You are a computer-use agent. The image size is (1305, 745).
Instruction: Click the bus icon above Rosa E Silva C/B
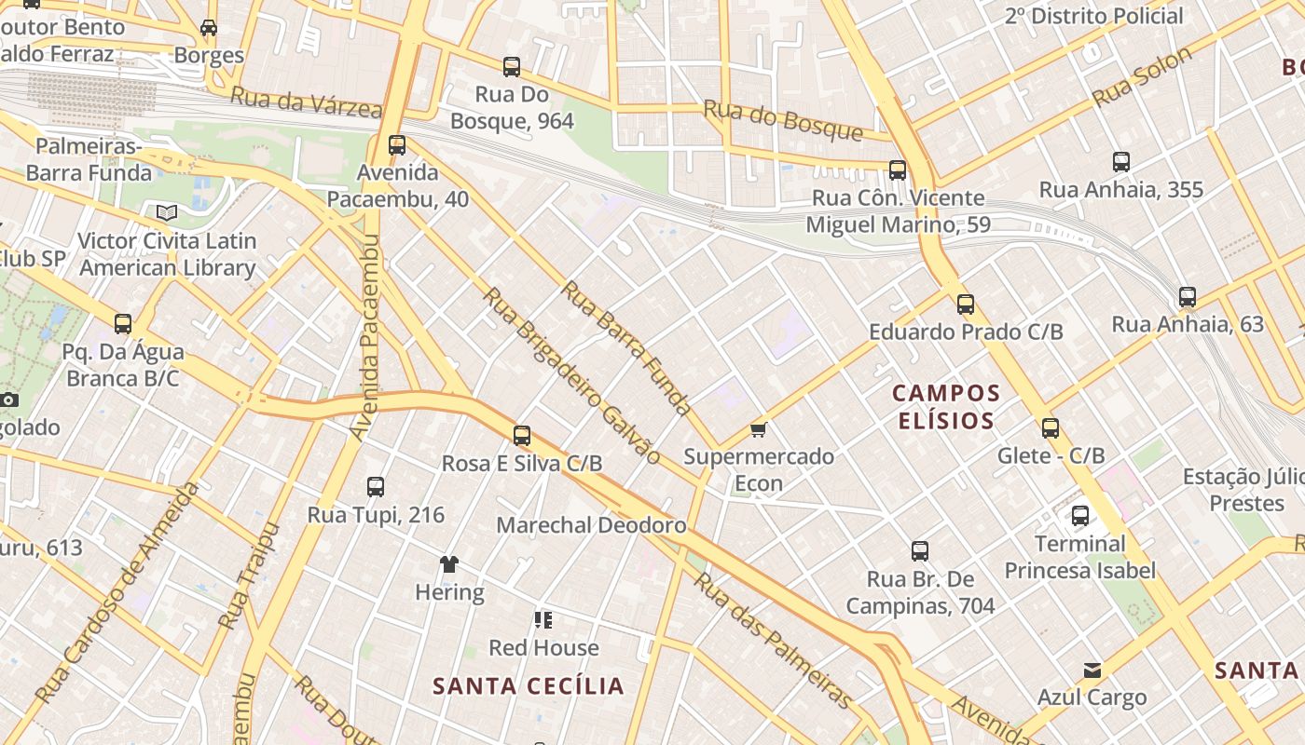(x=522, y=435)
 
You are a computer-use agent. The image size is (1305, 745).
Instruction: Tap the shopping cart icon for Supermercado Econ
(x=759, y=429)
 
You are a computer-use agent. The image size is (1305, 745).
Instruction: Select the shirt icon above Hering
(x=449, y=563)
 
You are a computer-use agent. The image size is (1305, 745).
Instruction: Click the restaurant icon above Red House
(x=543, y=619)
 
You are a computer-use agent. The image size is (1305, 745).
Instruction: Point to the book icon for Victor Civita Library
(x=167, y=213)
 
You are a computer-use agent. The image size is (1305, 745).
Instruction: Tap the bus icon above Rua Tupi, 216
(x=376, y=486)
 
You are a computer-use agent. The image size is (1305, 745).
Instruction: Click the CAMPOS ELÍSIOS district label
(x=946, y=407)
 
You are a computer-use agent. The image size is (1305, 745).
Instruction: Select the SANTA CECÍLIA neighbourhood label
(x=529, y=686)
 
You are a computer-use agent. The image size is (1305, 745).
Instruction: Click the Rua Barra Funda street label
(x=626, y=347)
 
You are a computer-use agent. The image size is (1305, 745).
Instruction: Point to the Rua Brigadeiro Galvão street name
(x=571, y=374)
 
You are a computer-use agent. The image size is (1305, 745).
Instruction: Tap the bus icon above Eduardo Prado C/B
(x=966, y=304)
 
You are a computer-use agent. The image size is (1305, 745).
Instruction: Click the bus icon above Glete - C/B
(x=1051, y=427)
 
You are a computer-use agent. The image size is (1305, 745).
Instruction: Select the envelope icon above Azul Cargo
(x=1092, y=670)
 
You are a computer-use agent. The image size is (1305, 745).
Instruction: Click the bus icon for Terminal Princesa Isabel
(x=1080, y=515)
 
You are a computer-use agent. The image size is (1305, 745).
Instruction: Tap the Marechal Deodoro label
(x=591, y=525)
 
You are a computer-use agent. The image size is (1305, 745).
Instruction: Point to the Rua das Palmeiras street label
(x=774, y=640)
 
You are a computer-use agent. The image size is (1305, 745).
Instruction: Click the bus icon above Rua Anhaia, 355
(x=1121, y=161)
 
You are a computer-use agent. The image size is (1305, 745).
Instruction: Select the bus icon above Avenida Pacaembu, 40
(x=397, y=144)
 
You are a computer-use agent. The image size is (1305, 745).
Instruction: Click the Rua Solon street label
(x=1142, y=76)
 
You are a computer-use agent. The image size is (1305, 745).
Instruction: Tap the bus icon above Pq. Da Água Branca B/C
(x=123, y=323)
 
